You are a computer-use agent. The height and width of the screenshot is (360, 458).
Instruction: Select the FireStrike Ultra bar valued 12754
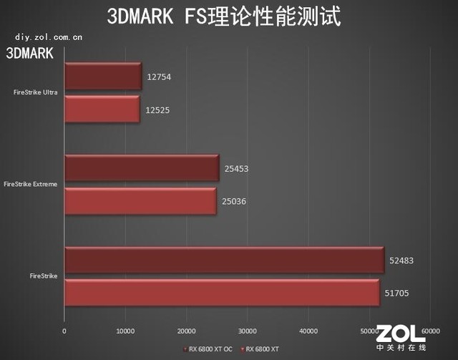pyautogui.click(x=103, y=77)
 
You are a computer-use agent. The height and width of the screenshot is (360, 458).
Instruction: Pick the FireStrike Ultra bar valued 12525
pyautogui.click(x=102, y=110)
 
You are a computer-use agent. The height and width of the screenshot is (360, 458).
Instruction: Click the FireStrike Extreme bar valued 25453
pyautogui.click(x=141, y=169)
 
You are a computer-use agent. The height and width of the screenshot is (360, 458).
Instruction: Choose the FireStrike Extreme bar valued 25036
pyautogui.click(x=140, y=201)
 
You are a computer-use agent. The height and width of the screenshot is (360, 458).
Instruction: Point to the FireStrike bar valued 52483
pyautogui.click(x=224, y=260)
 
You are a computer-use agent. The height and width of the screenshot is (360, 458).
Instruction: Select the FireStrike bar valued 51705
pyautogui.click(x=221, y=293)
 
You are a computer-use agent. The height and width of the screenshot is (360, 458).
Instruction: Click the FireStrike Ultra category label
pyautogui.click(x=36, y=93)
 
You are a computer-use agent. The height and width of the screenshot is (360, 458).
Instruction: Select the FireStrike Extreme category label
pyautogui.click(x=31, y=185)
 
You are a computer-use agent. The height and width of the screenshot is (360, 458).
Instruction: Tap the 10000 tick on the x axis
pyautogui.click(x=125, y=331)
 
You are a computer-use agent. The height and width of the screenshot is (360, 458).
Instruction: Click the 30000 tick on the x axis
pyautogui.click(x=247, y=331)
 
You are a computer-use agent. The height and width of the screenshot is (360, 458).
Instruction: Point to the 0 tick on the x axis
pyautogui.click(x=64, y=331)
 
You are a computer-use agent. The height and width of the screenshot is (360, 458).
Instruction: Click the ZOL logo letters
pyautogui.click(x=401, y=334)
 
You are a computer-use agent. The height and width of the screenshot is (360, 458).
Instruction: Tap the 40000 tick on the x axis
pyautogui.click(x=308, y=331)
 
